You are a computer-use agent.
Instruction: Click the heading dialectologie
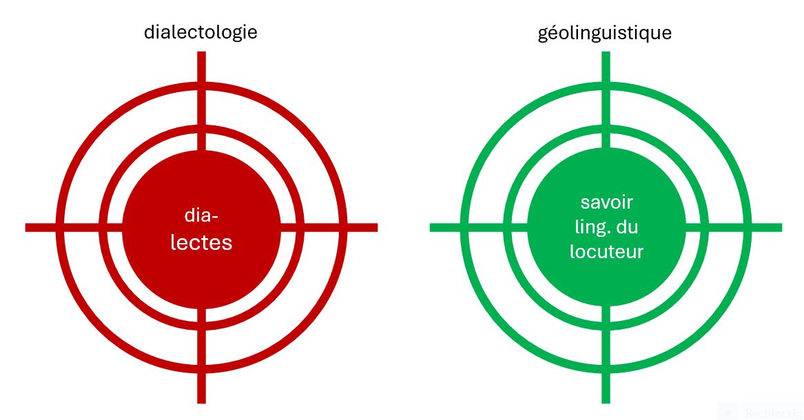(200, 32)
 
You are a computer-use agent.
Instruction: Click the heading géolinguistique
(604, 33)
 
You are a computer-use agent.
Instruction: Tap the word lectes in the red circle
(201, 242)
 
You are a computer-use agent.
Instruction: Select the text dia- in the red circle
(201, 216)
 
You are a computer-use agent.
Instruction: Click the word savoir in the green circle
(606, 202)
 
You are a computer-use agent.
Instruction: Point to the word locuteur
(606, 252)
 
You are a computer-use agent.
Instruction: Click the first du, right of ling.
(627, 227)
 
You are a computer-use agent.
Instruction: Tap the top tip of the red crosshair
(201, 52)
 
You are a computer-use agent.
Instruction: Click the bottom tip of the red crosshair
(201, 403)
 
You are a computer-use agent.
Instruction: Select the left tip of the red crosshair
(25, 227)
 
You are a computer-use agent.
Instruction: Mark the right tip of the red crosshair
(378, 227)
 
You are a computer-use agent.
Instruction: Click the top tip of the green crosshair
(606, 52)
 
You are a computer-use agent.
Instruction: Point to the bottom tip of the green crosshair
(606, 403)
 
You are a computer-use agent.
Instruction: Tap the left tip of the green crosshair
(430, 227)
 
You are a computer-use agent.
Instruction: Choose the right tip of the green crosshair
(781, 227)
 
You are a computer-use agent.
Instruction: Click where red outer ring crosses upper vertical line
(201, 85)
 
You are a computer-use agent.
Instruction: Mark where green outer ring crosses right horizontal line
(748, 227)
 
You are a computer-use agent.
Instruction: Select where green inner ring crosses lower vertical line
(606, 327)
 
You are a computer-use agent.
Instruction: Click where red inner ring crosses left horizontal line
(103, 227)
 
